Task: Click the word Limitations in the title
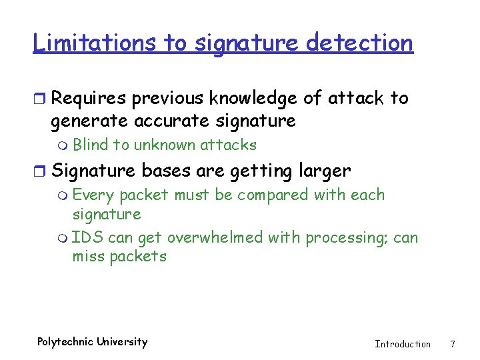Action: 95,43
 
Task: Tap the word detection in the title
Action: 359,43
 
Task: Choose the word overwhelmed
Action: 215,238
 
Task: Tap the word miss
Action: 87,257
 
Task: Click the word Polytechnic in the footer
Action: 65,342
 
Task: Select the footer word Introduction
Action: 403,344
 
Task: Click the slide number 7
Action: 453,344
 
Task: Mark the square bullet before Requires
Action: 41,99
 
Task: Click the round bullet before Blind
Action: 63,145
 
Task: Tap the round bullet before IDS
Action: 63,239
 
